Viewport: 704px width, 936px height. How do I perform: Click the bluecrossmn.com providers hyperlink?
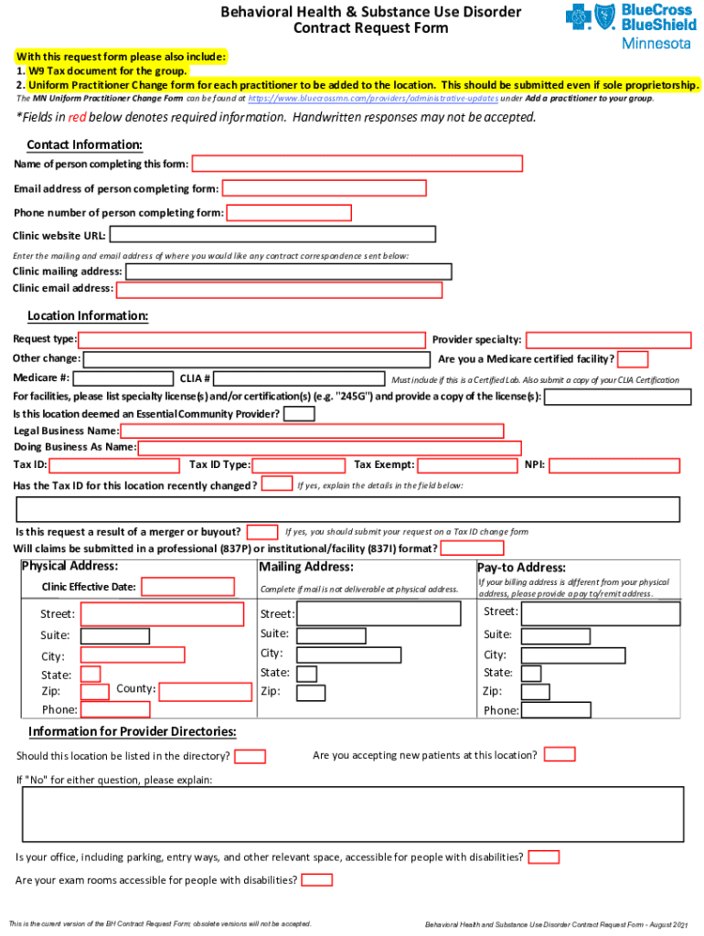click(371, 98)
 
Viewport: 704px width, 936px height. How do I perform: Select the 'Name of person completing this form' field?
click(357, 164)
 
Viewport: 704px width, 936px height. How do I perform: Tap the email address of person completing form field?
click(325, 188)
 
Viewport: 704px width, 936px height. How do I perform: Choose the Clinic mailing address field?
click(288, 271)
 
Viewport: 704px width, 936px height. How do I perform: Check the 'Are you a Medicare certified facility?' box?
click(634, 358)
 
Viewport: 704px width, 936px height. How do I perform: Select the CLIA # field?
click(299, 378)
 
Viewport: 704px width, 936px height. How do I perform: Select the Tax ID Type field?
click(290, 465)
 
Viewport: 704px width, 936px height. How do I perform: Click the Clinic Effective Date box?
click(187, 586)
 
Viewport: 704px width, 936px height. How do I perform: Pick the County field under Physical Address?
click(206, 691)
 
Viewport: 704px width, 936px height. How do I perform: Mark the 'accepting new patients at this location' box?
click(560, 754)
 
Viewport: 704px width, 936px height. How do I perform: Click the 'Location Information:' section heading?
click(88, 316)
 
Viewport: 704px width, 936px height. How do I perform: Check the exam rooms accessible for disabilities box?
click(316, 880)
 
